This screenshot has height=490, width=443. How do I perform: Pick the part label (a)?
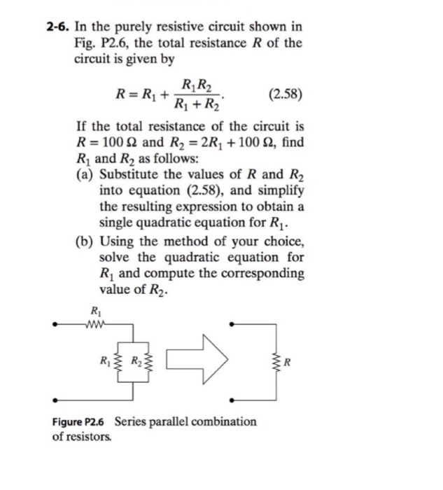tap(85, 175)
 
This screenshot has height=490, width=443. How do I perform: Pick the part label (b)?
tap(85, 241)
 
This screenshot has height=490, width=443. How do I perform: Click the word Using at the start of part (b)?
tap(117, 241)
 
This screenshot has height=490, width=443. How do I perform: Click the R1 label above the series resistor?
tap(94, 311)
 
